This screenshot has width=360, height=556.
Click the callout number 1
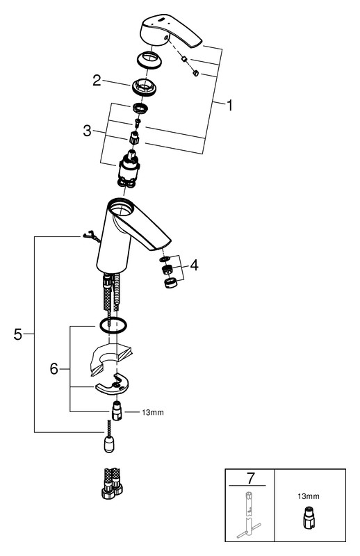pos(230,106)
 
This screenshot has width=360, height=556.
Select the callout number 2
pos(97,81)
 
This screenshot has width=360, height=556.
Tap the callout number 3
pos(87,131)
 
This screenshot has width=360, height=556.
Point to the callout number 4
pos(194,265)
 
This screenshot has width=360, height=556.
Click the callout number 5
pos(18,334)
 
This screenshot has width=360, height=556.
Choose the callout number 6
pos(54,369)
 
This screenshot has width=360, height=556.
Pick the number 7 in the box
pos(251,478)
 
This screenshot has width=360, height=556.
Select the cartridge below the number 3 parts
pos(128,169)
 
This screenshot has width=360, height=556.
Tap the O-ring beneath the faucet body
pos(113,325)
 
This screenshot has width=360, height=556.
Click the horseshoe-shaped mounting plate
pos(112,384)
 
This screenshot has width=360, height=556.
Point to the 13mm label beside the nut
pos(153,412)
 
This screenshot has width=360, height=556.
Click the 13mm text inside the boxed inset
pos(308,496)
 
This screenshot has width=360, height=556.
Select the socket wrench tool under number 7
pos(249,515)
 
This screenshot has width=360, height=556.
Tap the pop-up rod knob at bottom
pos(110,443)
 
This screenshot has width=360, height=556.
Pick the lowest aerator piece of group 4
pos(171,283)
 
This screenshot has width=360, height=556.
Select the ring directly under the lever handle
pos(149,58)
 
